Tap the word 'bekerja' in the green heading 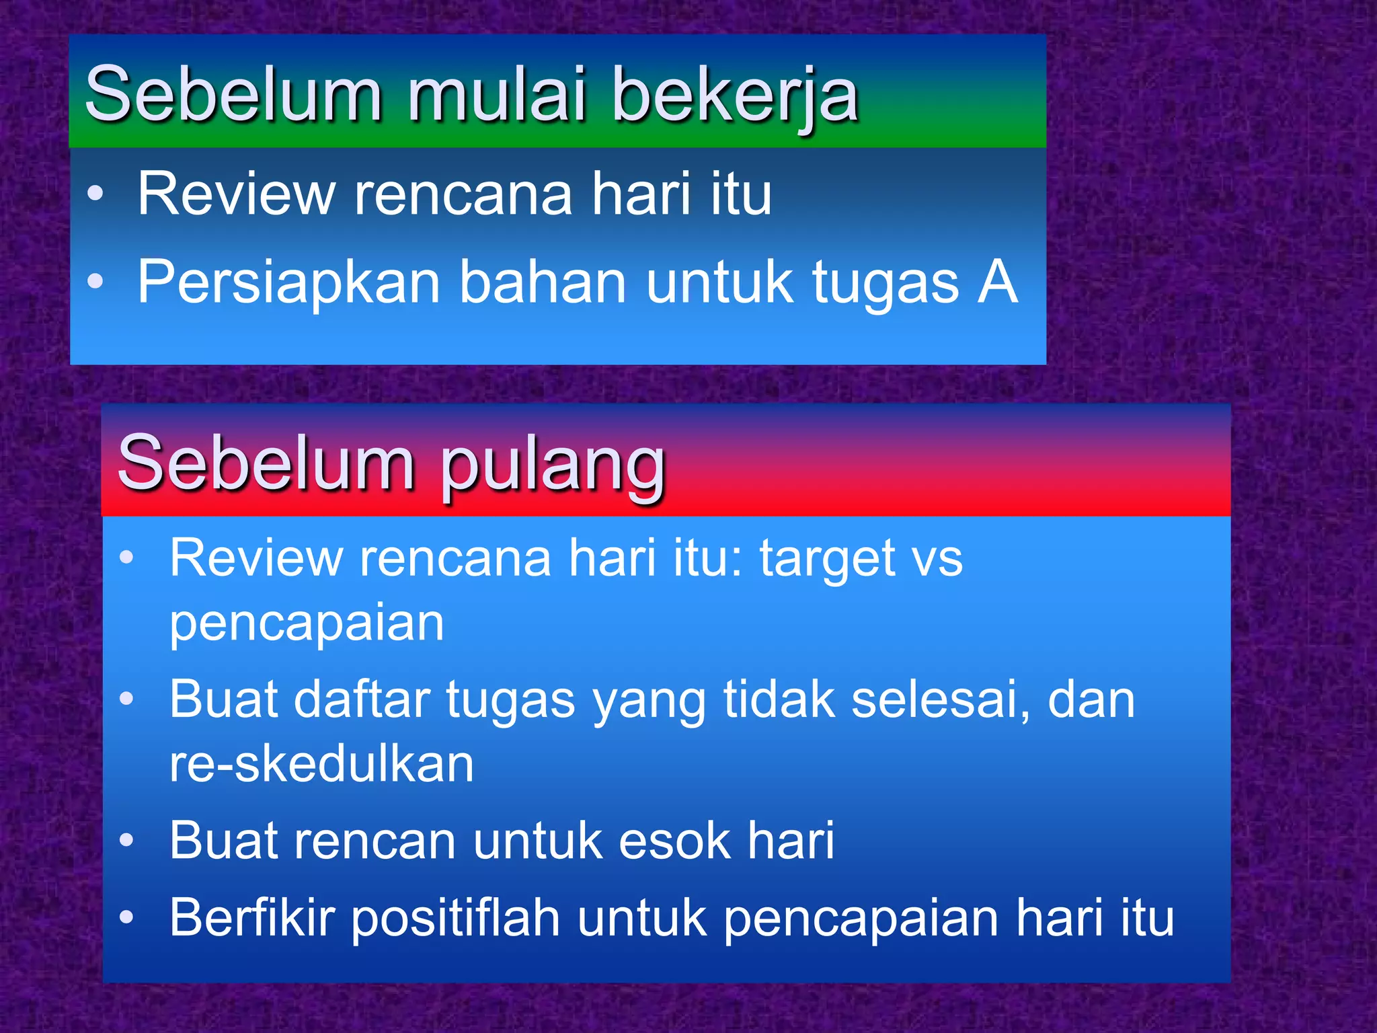click(x=735, y=96)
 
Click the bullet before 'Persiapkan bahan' click(x=95, y=281)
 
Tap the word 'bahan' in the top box click(x=543, y=282)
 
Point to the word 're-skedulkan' click(x=321, y=764)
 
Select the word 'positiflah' click(x=456, y=919)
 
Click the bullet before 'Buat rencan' click(x=126, y=841)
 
